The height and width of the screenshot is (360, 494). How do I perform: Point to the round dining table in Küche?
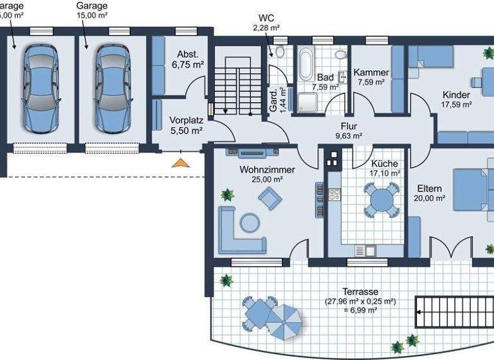(x=379, y=199)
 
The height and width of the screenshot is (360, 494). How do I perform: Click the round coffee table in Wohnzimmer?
(x=248, y=223)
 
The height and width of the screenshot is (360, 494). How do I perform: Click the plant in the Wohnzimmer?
(x=227, y=194)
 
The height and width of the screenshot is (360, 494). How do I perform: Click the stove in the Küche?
(x=334, y=194)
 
